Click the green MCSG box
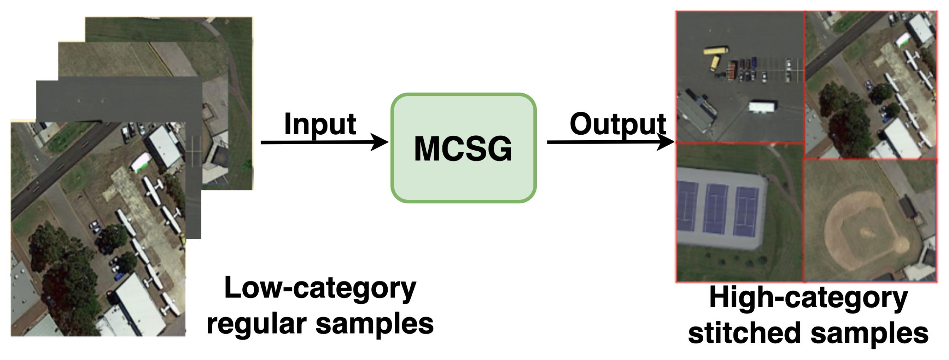463,148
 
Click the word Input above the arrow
320,124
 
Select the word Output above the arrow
618,124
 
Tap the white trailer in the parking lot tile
762,107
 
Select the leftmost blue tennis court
688,211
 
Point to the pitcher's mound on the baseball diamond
868,233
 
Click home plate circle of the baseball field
901,245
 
